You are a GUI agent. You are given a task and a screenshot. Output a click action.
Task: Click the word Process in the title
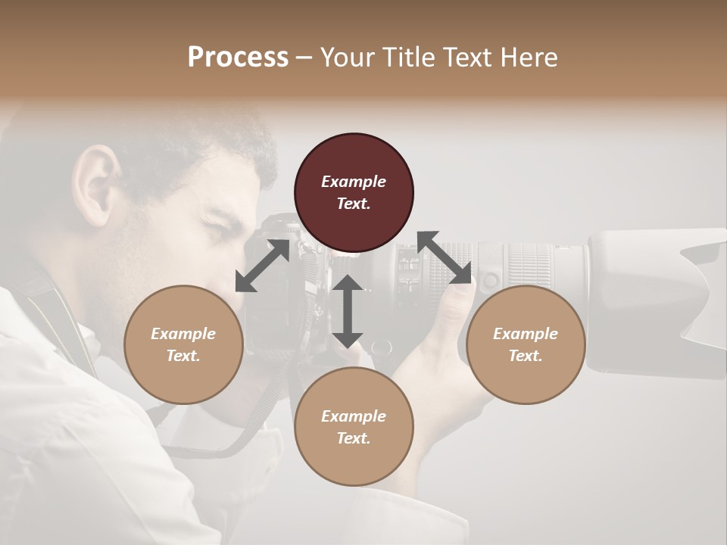238,58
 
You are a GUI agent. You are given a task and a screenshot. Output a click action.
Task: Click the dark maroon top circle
354,192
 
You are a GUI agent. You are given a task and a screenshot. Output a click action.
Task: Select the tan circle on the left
183,344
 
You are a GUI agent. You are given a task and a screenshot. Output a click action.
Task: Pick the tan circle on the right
526,344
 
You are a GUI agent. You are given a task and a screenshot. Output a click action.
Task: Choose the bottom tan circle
354,427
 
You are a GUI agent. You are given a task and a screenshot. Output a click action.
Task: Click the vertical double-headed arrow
348,311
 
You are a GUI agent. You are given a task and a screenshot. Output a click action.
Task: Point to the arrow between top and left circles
262,266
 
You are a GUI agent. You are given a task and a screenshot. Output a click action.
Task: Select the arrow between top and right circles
445,257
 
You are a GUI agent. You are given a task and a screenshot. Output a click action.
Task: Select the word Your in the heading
346,58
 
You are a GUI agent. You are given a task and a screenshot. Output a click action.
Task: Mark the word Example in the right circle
526,334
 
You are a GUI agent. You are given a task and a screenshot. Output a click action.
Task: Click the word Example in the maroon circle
354,182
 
